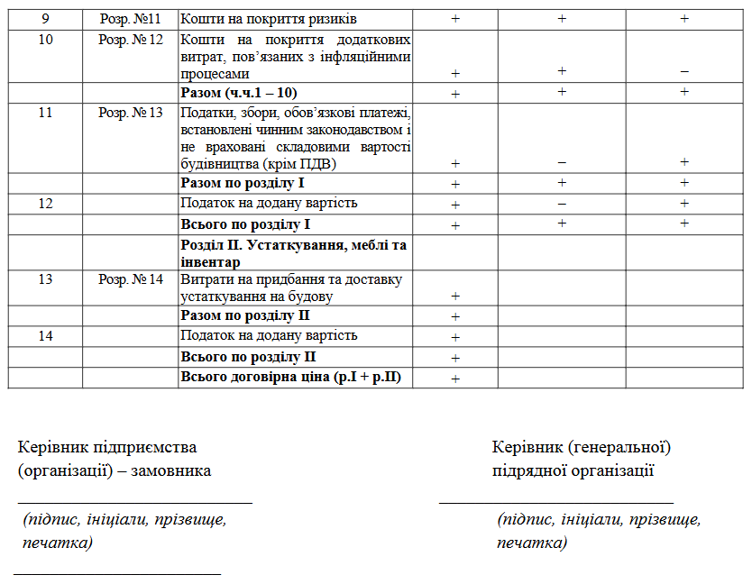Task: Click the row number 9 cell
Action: coord(45,18)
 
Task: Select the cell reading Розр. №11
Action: coord(130,18)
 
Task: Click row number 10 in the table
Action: coord(45,40)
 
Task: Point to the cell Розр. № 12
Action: coord(130,40)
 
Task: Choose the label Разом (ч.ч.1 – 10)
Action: coord(239,93)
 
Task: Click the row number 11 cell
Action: coord(45,113)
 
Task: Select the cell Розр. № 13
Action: coord(130,113)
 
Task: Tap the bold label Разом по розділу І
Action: coord(243,183)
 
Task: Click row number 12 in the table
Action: coord(45,203)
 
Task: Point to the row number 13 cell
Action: coord(45,279)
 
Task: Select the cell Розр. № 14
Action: coord(130,279)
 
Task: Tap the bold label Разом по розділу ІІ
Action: coord(245,315)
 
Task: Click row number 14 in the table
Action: coord(45,335)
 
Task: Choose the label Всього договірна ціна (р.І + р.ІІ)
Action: coord(290,378)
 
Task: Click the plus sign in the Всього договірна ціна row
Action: coord(455,379)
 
